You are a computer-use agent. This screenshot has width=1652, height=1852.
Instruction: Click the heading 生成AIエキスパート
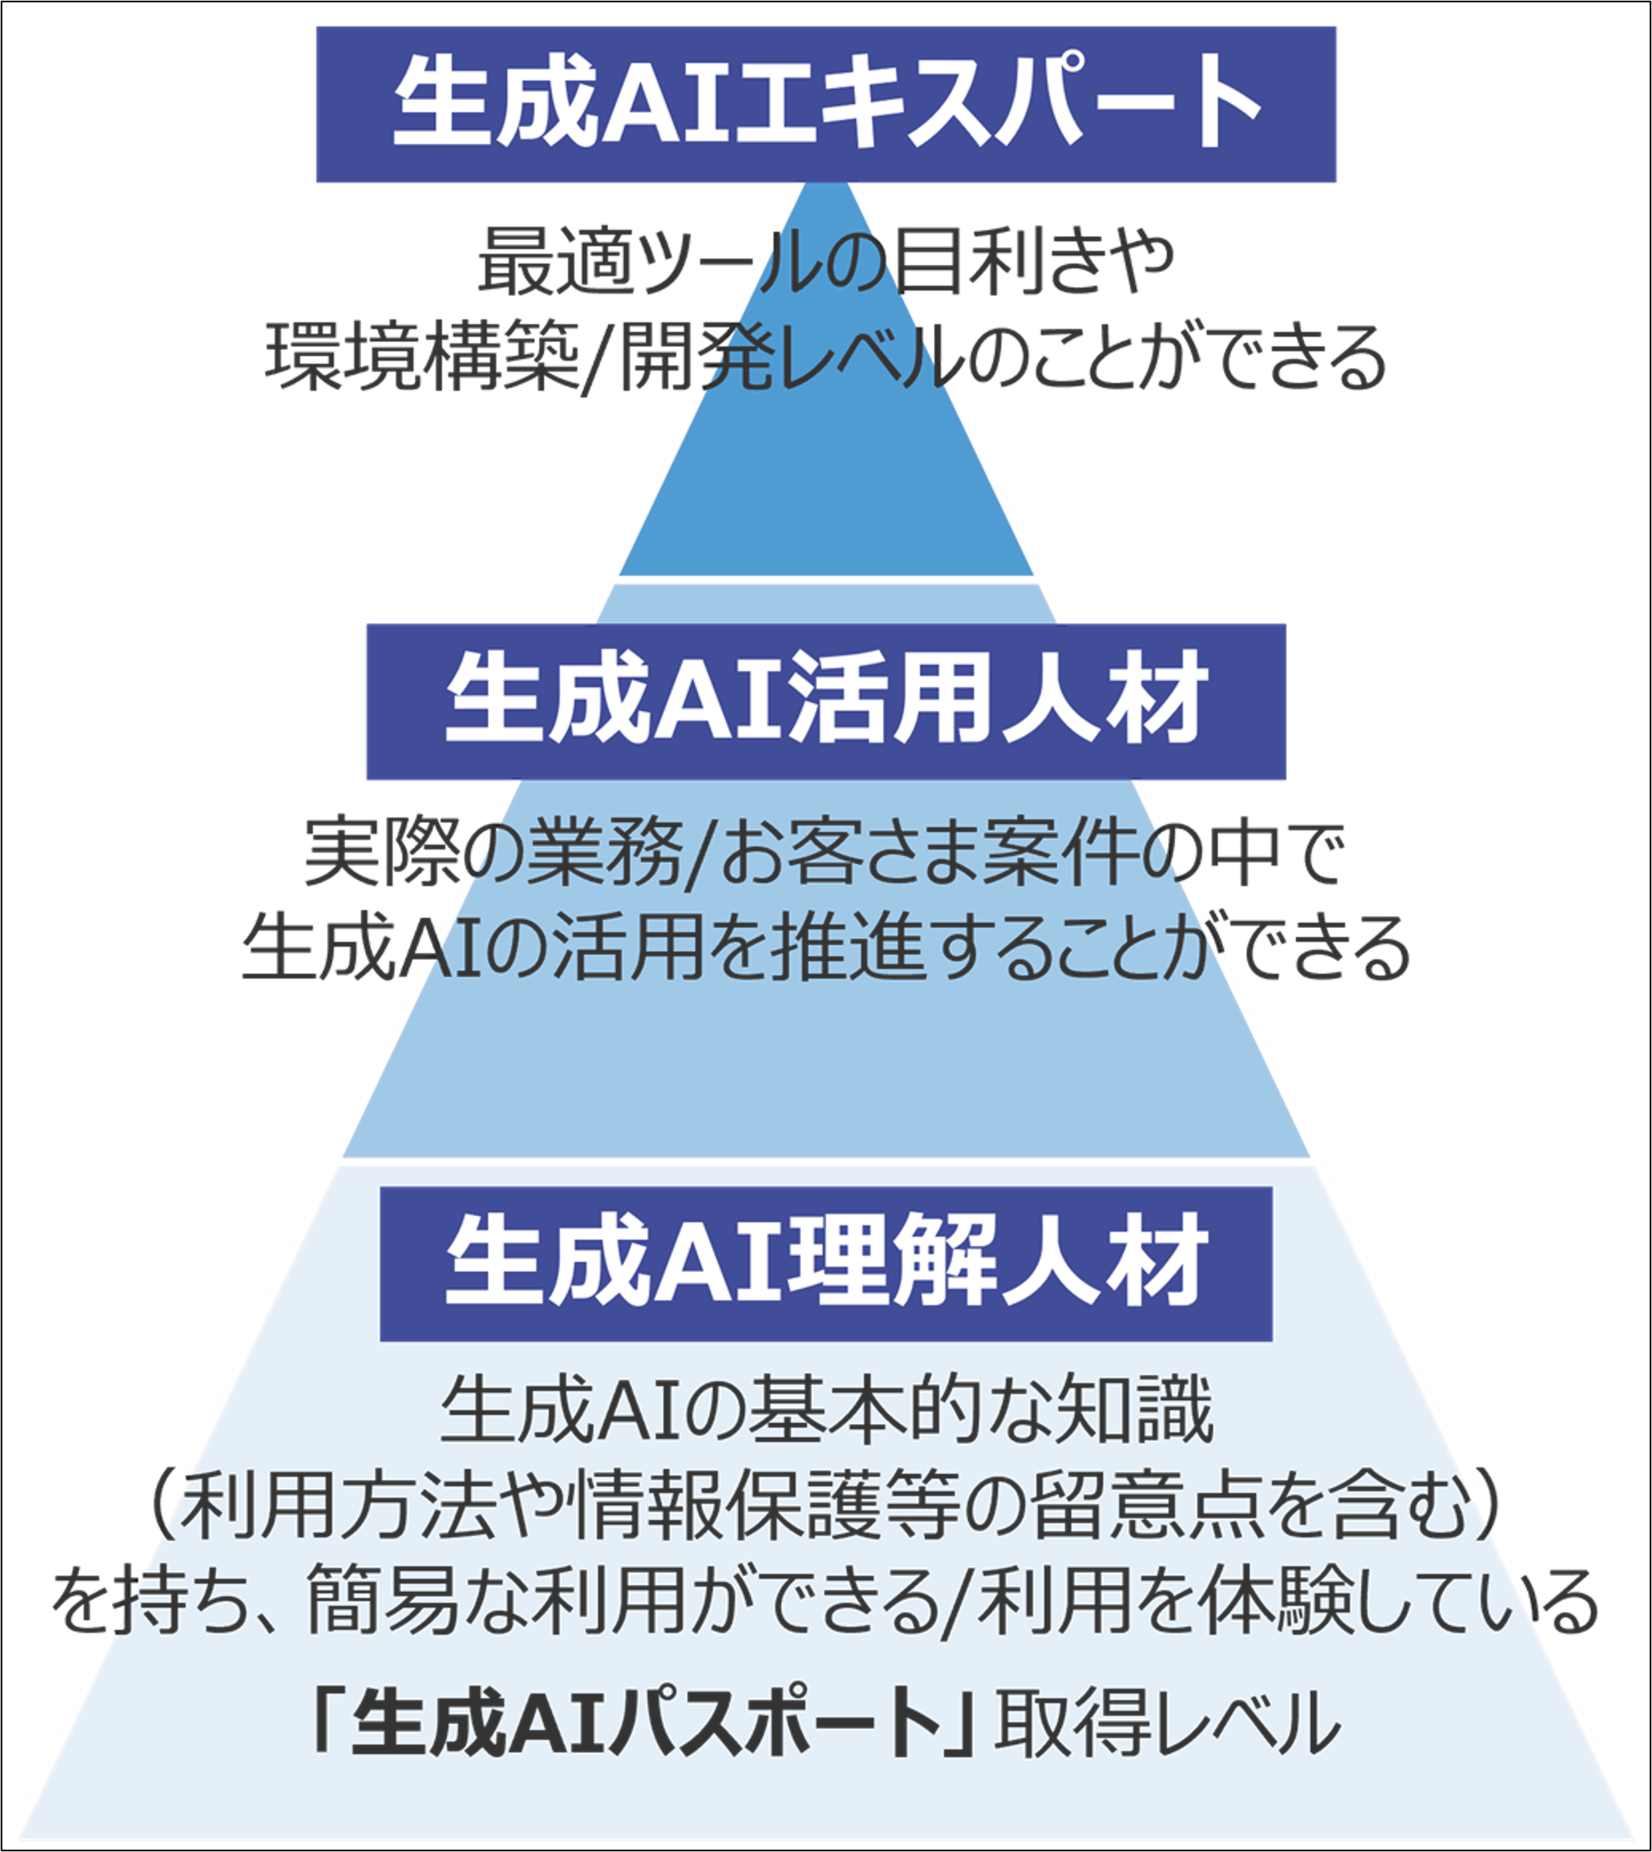click(826, 104)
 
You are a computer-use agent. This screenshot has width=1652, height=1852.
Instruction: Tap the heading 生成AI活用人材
click(826, 702)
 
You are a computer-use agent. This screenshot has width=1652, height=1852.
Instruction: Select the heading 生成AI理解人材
click(826, 1263)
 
